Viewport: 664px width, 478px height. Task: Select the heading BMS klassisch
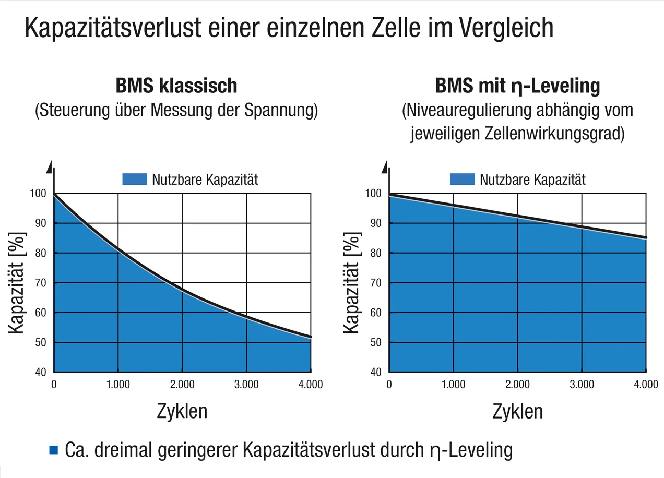pyautogui.click(x=176, y=86)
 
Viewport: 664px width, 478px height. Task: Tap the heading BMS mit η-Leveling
pyautogui.click(x=517, y=86)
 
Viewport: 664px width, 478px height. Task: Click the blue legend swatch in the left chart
pyautogui.click(x=134, y=180)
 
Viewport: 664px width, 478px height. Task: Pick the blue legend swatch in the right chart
pyautogui.click(x=462, y=180)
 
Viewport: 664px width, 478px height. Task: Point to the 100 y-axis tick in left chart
pyautogui.click(x=40, y=194)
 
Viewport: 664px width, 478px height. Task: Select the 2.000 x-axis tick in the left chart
pyautogui.click(x=182, y=385)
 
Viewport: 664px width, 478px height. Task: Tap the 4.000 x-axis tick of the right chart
pyautogui.click(x=646, y=385)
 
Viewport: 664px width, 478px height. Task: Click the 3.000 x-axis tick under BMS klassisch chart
pyautogui.click(x=246, y=385)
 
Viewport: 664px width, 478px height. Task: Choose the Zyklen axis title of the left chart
pyautogui.click(x=182, y=411)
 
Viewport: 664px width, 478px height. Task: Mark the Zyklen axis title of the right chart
pyautogui.click(x=517, y=411)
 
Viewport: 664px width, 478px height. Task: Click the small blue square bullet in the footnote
pyautogui.click(x=53, y=450)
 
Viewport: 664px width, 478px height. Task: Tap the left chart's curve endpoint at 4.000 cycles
pyautogui.click(x=311, y=337)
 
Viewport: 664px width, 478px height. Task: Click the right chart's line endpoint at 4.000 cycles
pyautogui.click(x=646, y=238)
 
